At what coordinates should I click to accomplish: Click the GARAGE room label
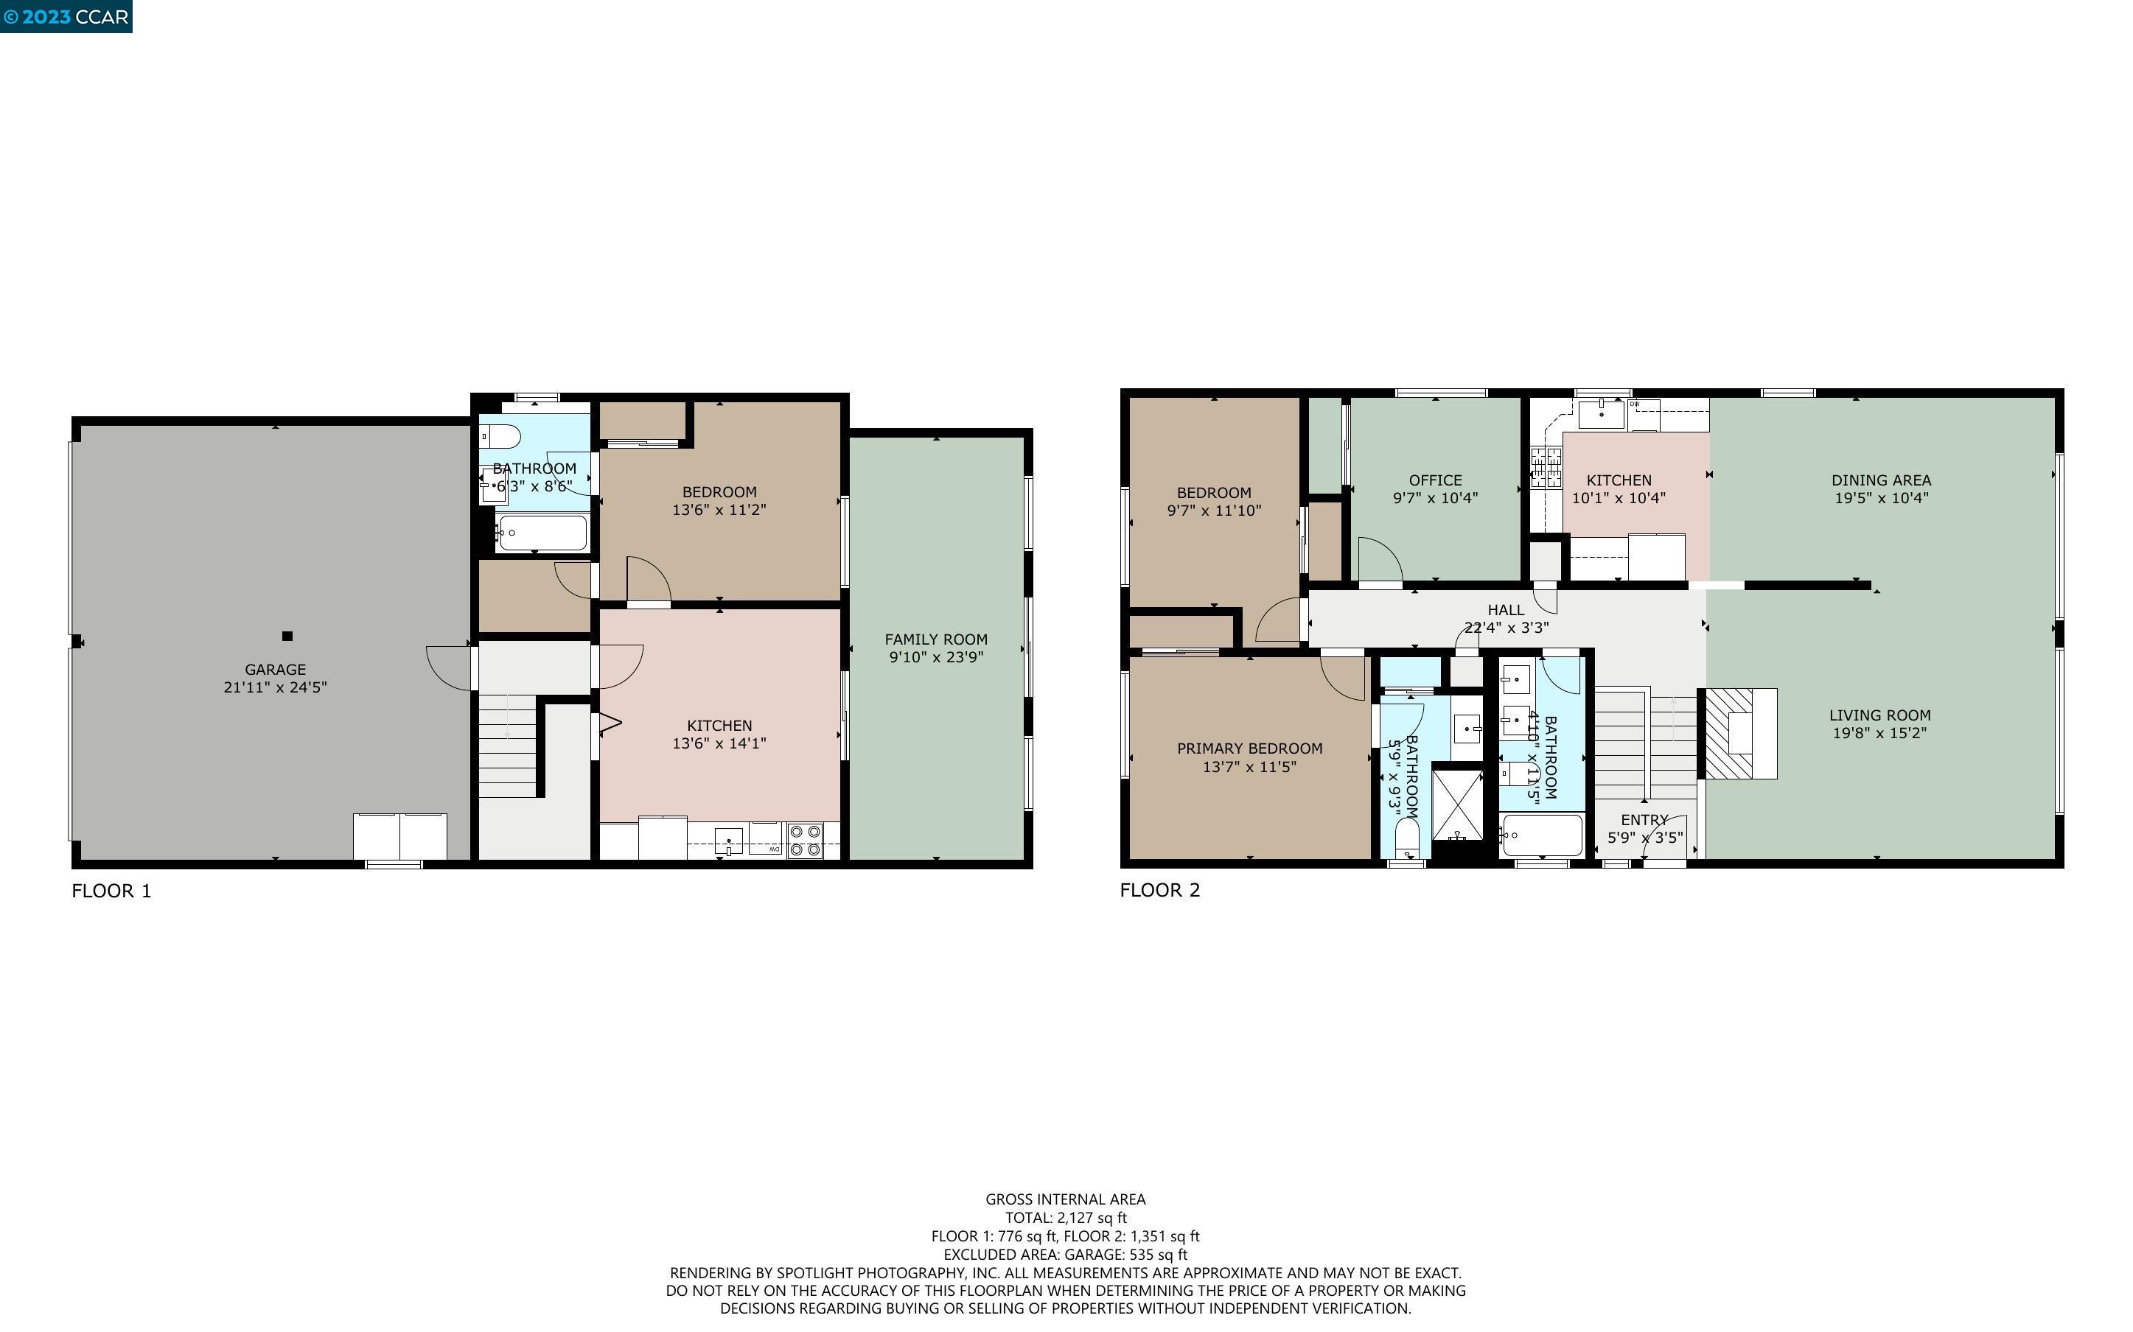click(x=275, y=670)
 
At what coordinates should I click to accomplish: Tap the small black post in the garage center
click(x=286, y=636)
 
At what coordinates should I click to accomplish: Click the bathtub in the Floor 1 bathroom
click(x=540, y=533)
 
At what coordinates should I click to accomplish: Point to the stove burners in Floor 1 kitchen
click(x=804, y=841)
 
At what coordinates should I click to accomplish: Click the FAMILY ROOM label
click(x=935, y=639)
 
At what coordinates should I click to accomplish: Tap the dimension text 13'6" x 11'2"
click(x=719, y=510)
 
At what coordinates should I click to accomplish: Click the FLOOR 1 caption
click(x=111, y=891)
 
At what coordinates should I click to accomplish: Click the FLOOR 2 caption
click(x=1159, y=890)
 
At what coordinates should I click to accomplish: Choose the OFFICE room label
click(x=1434, y=480)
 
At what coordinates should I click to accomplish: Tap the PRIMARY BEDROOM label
click(x=1249, y=749)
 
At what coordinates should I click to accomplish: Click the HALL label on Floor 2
click(x=1506, y=609)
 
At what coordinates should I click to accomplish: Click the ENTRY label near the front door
click(x=1644, y=819)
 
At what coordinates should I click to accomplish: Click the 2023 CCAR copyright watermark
click(x=66, y=17)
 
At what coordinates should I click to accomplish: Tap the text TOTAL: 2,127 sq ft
click(x=1065, y=1218)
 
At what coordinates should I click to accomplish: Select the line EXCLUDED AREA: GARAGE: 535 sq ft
click(x=1065, y=1255)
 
